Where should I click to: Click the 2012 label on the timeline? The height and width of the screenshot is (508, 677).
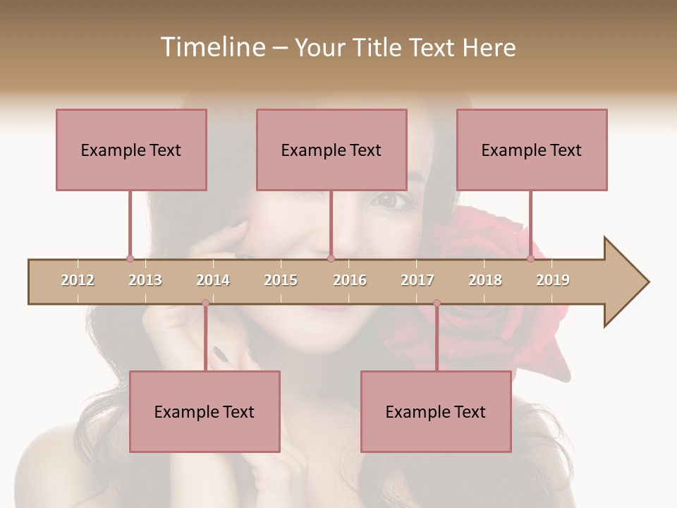pyautogui.click(x=78, y=280)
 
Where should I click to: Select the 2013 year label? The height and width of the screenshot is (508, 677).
pyautogui.click(x=145, y=280)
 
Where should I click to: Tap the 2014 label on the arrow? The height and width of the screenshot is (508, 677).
pyautogui.click(x=213, y=280)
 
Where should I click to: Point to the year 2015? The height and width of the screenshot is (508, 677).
pyautogui.click(x=281, y=280)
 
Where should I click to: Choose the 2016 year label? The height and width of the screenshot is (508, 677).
pyautogui.click(x=350, y=280)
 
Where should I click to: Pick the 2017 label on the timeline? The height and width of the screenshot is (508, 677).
pyautogui.click(x=417, y=280)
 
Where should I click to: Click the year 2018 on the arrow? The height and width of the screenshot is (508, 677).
pyautogui.click(x=485, y=280)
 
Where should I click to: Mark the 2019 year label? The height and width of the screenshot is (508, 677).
pyautogui.click(x=553, y=280)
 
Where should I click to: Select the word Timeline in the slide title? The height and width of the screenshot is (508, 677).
pyautogui.click(x=212, y=47)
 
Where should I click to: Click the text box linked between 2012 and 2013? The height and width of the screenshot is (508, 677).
pyautogui.click(x=131, y=150)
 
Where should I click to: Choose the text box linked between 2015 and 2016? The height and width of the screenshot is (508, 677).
pyautogui.click(x=331, y=150)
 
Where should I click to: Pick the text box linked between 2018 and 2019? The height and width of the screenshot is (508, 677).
pyautogui.click(x=532, y=150)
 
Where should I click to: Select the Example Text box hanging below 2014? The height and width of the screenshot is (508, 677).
pyautogui.click(x=205, y=411)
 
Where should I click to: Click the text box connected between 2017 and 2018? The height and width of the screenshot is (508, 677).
pyautogui.click(x=436, y=411)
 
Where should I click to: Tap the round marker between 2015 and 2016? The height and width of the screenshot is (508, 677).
pyautogui.click(x=331, y=258)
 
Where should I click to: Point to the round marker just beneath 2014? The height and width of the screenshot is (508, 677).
pyautogui.click(x=205, y=303)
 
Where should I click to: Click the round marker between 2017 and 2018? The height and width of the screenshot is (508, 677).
pyautogui.click(x=437, y=303)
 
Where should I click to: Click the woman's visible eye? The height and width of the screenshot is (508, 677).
pyautogui.click(x=393, y=200)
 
